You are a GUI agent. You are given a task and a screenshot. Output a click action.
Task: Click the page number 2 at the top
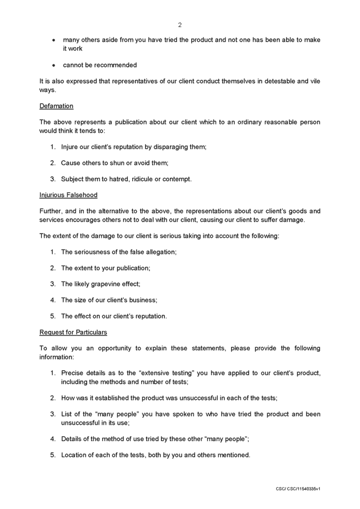[180, 25]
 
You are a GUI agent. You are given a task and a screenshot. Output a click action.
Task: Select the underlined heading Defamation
[56, 106]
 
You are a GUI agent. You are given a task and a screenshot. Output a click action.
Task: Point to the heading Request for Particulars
[73, 333]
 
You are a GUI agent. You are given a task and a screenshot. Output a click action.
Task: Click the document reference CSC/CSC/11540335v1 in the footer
[298, 489]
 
